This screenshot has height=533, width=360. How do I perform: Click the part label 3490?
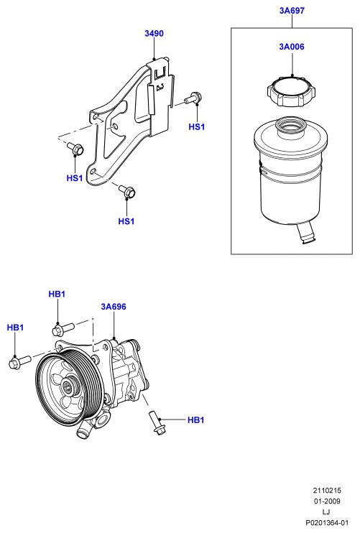[x=154, y=33]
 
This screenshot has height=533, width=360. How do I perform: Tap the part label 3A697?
[x=292, y=11]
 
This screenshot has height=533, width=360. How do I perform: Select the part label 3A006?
[x=292, y=47]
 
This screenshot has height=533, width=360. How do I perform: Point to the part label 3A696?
[x=114, y=307]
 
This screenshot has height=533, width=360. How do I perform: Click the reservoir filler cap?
[x=291, y=91]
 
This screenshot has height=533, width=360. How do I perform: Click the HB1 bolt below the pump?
[x=157, y=422]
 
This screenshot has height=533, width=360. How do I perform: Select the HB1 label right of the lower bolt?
[x=195, y=420]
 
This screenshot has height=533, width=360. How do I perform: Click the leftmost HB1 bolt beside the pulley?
[x=19, y=361]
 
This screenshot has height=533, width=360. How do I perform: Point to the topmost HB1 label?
[x=57, y=294]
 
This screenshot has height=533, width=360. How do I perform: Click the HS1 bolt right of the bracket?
[x=193, y=98]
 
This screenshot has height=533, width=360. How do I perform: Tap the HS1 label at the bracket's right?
[x=197, y=127]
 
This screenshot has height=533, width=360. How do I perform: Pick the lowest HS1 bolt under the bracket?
[x=127, y=191]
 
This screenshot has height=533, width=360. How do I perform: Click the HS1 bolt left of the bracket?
[x=75, y=149]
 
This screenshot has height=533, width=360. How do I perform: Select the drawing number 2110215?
[x=327, y=491]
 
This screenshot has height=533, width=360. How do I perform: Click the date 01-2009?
[x=327, y=501]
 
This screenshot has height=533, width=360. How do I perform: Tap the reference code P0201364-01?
[x=327, y=522]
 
